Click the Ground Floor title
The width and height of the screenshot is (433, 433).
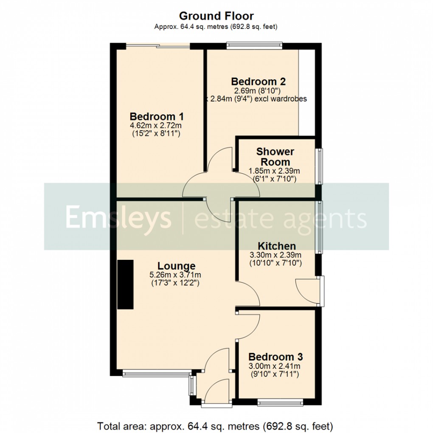click(x=216, y=16)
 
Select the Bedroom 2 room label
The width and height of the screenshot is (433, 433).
click(x=258, y=82)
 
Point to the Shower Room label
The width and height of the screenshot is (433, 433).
click(x=275, y=157)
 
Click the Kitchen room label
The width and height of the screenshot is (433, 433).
click(x=277, y=246)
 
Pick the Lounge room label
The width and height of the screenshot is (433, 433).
click(x=175, y=266)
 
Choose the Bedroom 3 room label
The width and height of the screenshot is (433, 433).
click(x=276, y=357)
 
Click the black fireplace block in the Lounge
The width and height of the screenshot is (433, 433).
click(x=125, y=284)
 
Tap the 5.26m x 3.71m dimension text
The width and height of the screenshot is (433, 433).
click(x=175, y=275)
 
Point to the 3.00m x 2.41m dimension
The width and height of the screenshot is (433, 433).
click(x=275, y=366)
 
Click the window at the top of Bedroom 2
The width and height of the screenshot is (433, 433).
click(x=254, y=44)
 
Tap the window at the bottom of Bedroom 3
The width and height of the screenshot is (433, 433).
click(x=280, y=400)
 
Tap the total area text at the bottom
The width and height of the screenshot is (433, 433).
click(x=215, y=425)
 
